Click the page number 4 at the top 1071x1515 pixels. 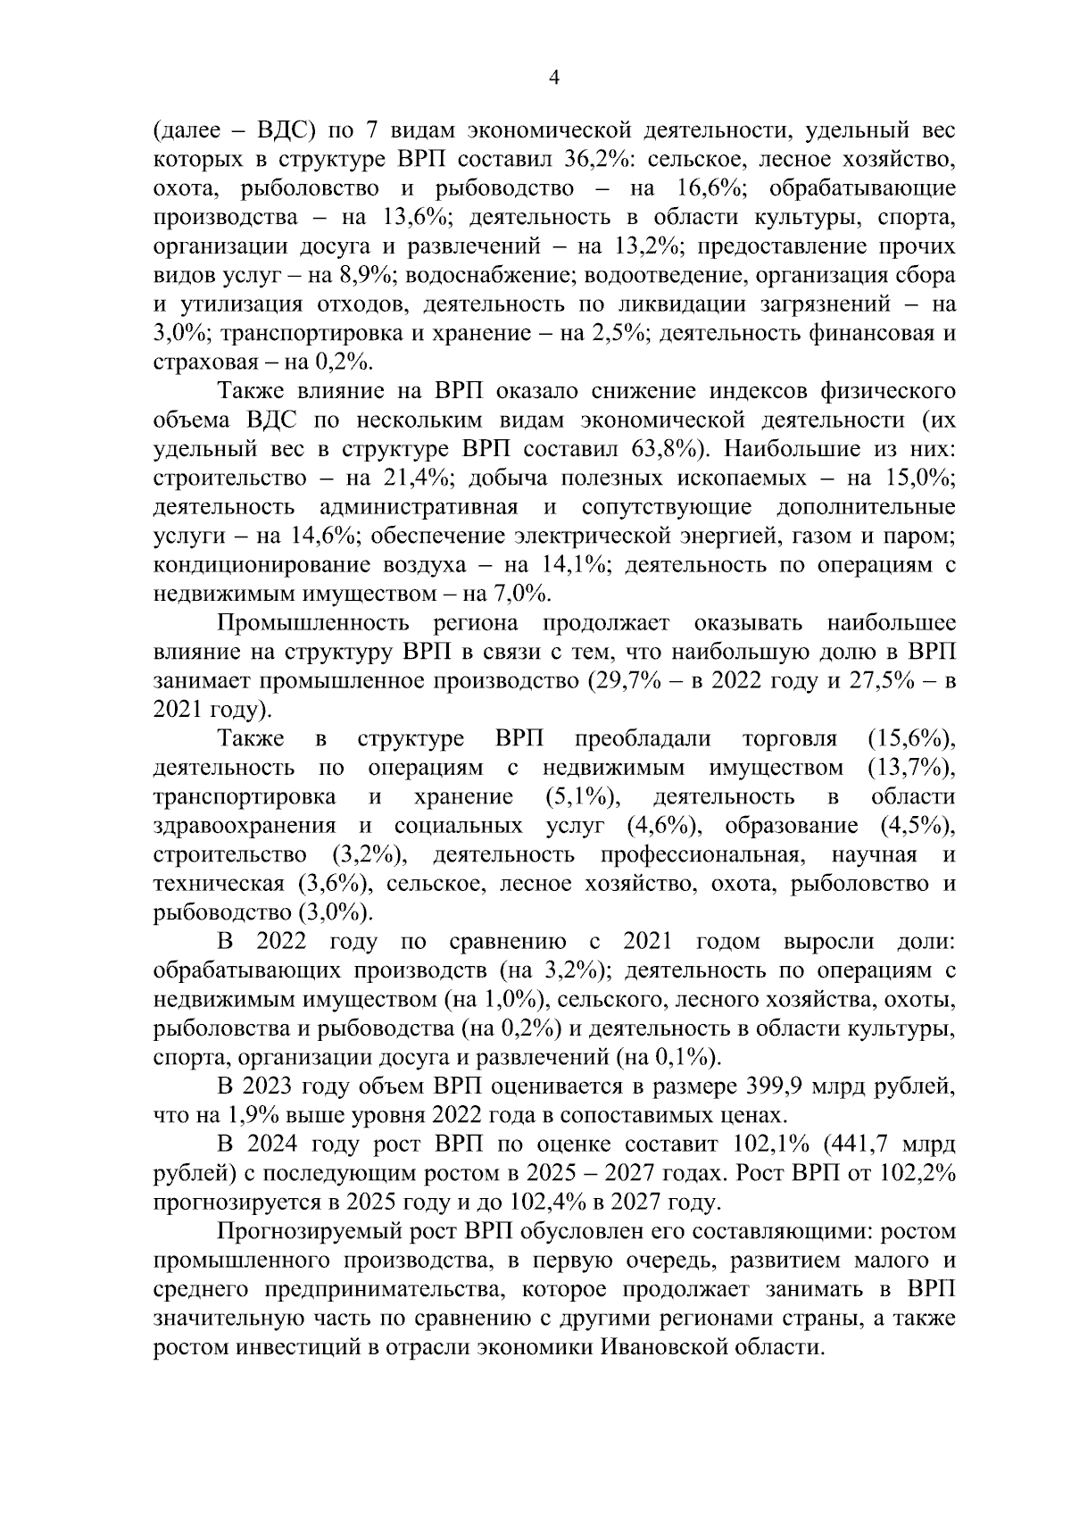(553, 79)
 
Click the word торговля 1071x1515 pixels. (789, 739)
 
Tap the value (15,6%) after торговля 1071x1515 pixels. (910, 739)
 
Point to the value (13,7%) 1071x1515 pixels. (910, 769)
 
